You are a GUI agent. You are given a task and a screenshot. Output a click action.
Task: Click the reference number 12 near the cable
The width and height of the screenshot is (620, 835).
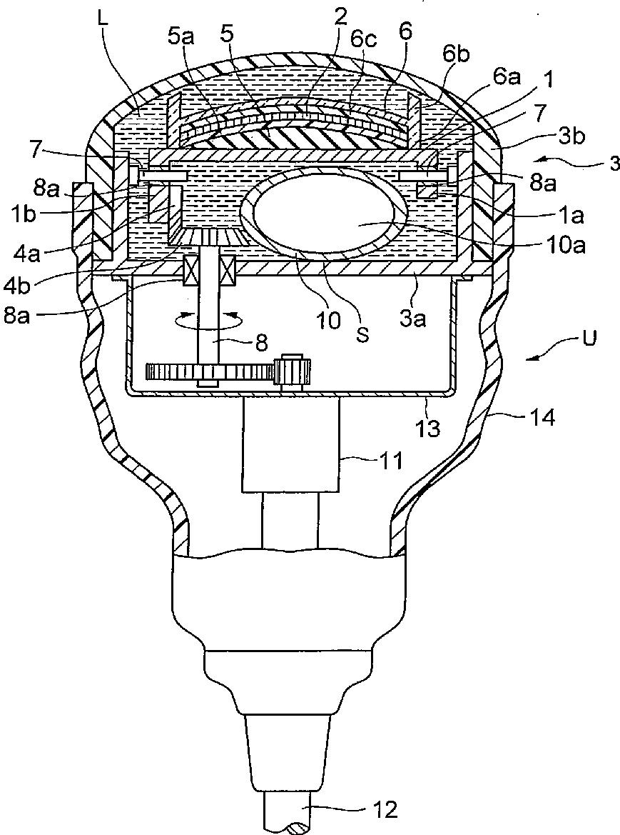click(x=385, y=809)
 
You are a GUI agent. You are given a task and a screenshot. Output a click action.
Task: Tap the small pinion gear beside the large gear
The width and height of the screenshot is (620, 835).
click(x=293, y=370)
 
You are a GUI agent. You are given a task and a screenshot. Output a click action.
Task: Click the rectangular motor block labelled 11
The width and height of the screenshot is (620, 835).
click(x=290, y=444)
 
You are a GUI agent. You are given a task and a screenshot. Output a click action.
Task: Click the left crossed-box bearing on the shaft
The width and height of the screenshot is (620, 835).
click(x=192, y=271)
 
